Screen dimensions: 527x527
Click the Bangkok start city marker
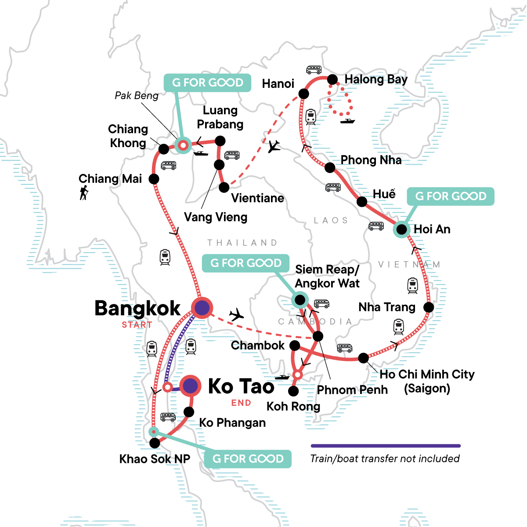click(x=202, y=308)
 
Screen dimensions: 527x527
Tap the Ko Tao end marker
click(x=190, y=386)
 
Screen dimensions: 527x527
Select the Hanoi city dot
click(x=303, y=94)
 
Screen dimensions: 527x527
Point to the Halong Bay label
click(x=376, y=79)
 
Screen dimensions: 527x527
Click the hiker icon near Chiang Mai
click(x=83, y=192)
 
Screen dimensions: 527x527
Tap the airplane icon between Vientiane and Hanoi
click(x=274, y=146)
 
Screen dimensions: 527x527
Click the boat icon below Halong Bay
click(x=347, y=121)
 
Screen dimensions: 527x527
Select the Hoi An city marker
click(x=401, y=229)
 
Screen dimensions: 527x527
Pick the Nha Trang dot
click(x=429, y=307)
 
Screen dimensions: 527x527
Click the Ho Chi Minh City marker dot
click(x=363, y=358)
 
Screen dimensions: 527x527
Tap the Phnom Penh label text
click(x=352, y=390)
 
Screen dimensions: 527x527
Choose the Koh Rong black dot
click(x=293, y=391)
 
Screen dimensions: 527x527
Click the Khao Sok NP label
click(x=155, y=459)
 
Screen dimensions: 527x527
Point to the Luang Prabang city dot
click(x=220, y=141)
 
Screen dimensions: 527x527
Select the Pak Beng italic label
click(x=137, y=96)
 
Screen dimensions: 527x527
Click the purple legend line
click(x=386, y=446)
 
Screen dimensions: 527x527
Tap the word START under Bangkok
click(x=137, y=325)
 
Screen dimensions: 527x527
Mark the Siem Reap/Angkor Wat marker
click(x=300, y=300)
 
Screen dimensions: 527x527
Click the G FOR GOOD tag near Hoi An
click(x=451, y=196)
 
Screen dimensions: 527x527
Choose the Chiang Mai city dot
click(x=154, y=179)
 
